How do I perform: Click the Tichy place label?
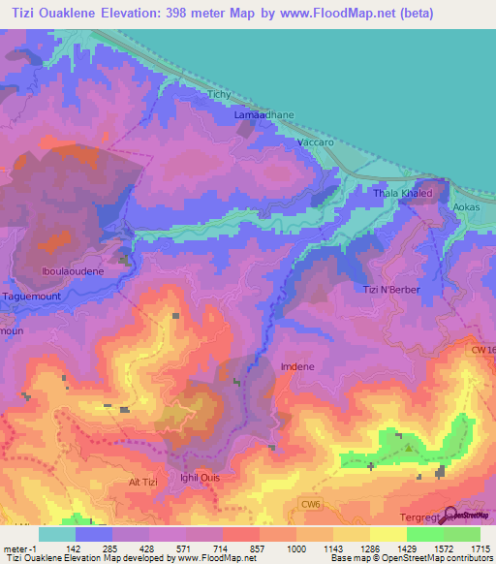click(221, 94)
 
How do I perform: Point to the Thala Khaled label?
click(401, 194)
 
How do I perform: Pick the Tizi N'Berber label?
click(390, 290)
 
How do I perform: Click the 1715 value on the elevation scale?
click(480, 548)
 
